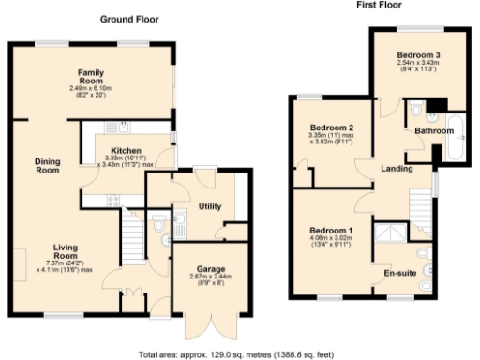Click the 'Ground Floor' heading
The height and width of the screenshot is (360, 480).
tap(128, 20)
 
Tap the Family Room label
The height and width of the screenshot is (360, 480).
tap(90, 73)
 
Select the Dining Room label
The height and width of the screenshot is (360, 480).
tap(47, 166)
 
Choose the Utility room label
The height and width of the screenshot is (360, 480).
tap(208, 205)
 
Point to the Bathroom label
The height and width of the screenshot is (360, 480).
tap(433, 132)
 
